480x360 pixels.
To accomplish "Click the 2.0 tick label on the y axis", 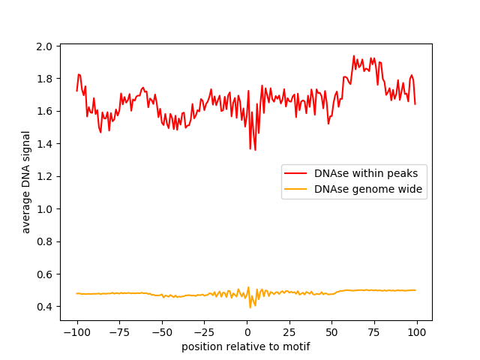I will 45,46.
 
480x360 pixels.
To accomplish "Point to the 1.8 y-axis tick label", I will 45,79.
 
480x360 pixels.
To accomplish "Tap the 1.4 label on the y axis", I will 45,144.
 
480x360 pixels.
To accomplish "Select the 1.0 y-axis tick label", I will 45,209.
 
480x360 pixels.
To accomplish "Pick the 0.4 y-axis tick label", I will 45,307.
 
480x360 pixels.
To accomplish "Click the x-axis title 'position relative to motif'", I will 246,347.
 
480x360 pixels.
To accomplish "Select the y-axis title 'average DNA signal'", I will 26,182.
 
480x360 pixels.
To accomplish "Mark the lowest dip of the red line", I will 255,149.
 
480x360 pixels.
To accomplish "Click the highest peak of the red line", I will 354,56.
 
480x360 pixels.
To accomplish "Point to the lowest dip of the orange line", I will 250,307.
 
